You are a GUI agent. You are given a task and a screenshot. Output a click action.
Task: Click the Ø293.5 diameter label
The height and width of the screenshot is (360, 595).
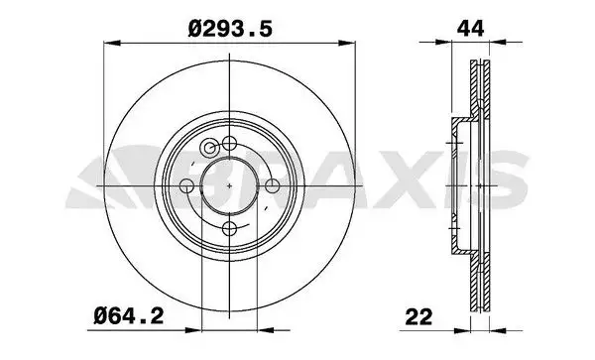point(230,29)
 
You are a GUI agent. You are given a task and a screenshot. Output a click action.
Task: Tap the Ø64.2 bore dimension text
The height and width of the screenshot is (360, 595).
point(129,315)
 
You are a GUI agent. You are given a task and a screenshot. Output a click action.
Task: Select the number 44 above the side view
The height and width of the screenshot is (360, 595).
point(470,29)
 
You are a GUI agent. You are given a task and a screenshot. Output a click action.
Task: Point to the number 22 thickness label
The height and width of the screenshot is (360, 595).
point(418,317)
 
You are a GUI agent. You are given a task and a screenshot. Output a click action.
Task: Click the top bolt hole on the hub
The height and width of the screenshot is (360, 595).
point(230,144)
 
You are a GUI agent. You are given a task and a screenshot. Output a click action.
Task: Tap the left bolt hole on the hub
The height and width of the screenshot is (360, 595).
point(186,185)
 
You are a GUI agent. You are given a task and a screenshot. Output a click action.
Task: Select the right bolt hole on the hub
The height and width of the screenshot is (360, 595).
point(272,185)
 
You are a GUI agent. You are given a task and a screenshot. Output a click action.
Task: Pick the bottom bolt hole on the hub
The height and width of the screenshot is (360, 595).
point(230,229)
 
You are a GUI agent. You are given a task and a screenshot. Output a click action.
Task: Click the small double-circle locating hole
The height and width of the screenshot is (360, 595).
point(209,147)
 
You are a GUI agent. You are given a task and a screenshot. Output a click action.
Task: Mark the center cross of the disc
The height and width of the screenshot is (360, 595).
point(230,185)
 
